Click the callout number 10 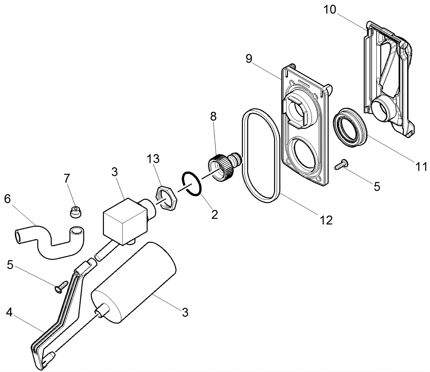[x=330, y=10]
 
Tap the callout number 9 [x=249, y=59]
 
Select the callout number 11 [x=421, y=167]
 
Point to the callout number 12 [x=326, y=220]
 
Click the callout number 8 [x=213, y=117]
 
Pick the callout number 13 [x=153, y=159]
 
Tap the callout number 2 [x=214, y=214]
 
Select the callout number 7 [x=67, y=178]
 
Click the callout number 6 [x=7, y=199]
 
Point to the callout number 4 [x=9, y=312]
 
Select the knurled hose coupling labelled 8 [x=223, y=166]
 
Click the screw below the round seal [x=341, y=164]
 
